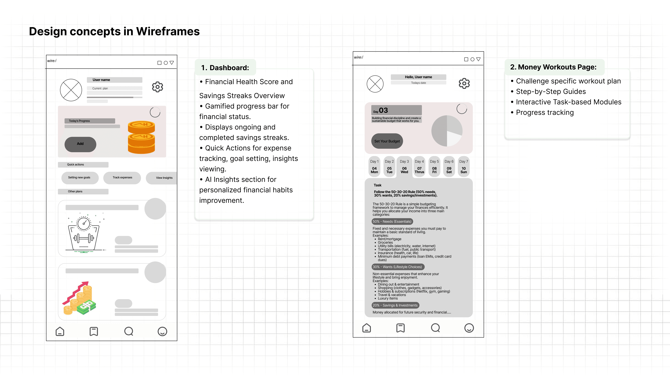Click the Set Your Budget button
click(387, 141)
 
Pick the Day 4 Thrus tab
click(419, 167)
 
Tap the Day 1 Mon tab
click(374, 167)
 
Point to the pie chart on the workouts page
click(447, 131)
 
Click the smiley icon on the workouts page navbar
click(469, 328)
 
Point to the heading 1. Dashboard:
click(225, 68)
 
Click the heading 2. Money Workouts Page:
click(553, 67)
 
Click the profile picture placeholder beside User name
click(71, 90)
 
